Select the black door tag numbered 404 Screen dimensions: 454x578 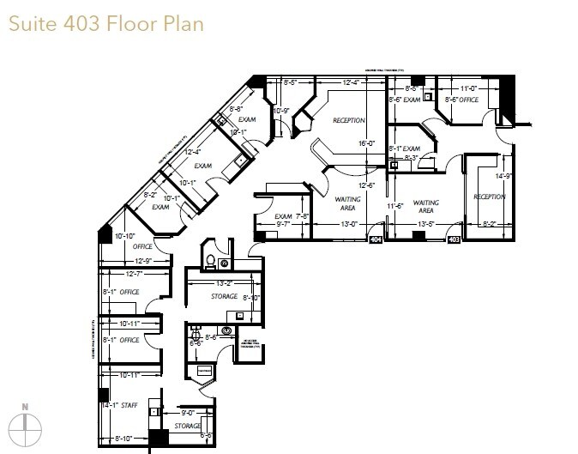(375, 241)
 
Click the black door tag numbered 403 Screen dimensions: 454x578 (455, 241)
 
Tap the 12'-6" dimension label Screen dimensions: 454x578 (366, 185)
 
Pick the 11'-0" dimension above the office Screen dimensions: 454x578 (468, 88)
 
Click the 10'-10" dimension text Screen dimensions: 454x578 (125, 236)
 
